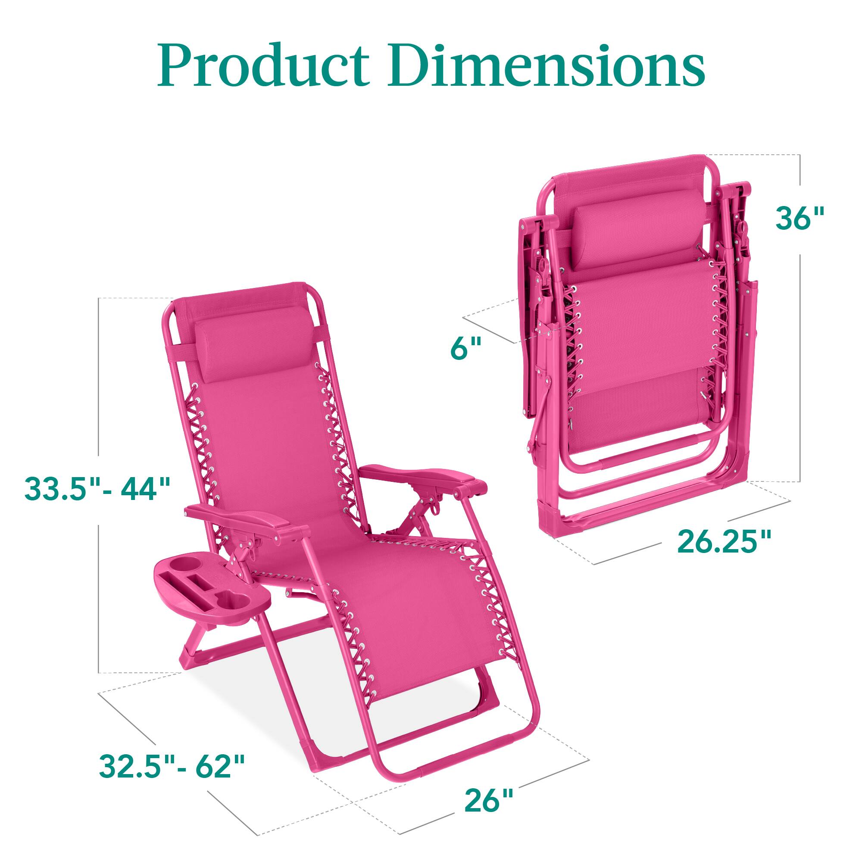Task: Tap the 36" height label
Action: [799, 219]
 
